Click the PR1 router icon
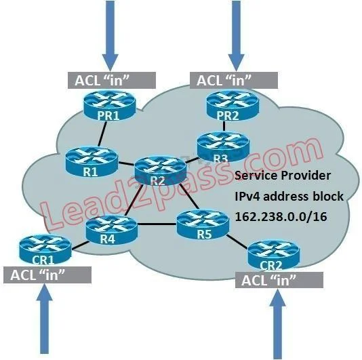(109, 106)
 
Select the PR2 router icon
(233, 106)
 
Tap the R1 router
(92, 162)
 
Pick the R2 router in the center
(161, 171)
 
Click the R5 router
(203, 224)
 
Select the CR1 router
(45, 249)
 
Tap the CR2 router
(274, 255)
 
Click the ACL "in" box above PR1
(112, 80)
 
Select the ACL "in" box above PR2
(234, 80)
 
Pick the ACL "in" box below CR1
(47, 275)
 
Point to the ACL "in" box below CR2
(279, 280)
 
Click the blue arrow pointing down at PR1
(110, 36)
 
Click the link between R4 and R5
(157, 224)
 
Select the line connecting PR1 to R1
(102, 134)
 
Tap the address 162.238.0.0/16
(281, 216)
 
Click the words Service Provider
(283, 176)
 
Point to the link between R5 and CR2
(237, 242)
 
